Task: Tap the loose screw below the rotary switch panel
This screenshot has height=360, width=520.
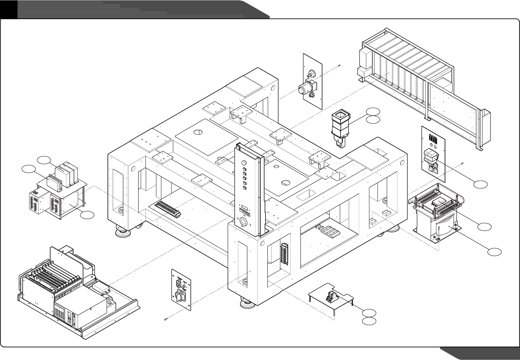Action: [165, 319]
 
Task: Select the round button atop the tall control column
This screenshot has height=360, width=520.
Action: [244, 163]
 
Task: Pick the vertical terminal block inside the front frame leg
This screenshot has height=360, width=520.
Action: [284, 254]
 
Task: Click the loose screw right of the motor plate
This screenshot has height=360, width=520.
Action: [340, 66]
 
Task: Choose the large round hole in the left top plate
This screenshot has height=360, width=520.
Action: [198, 132]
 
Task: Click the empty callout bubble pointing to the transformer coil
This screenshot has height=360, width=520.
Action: [494, 252]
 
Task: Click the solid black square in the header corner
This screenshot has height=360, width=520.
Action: [8, 9]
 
